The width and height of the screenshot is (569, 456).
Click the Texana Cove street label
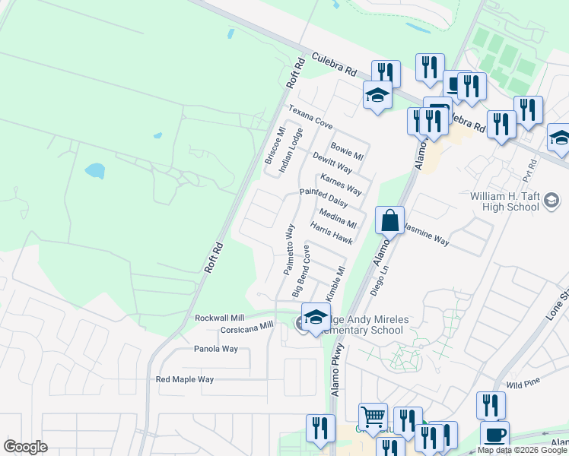(x=310, y=116)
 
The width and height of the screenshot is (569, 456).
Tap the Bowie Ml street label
(x=347, y=150)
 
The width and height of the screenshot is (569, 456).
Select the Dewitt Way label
(x=332, y=162)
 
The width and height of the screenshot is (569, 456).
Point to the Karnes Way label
(x=341, y=184)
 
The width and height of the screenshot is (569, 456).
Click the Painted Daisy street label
(x=323, y=198)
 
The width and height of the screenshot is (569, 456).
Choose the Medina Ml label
(x=338, y=218)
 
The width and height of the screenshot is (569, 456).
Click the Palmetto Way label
(x=289, y=249)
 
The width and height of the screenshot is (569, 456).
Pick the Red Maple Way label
(x=185, y=379)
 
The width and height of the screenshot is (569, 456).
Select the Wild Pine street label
(x=521, y=385)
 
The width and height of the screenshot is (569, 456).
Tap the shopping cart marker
(x=373, y=416)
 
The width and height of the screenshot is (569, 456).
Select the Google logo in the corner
(x=25, y=447)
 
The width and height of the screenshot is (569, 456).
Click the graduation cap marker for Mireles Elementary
(x=316, y=318)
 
